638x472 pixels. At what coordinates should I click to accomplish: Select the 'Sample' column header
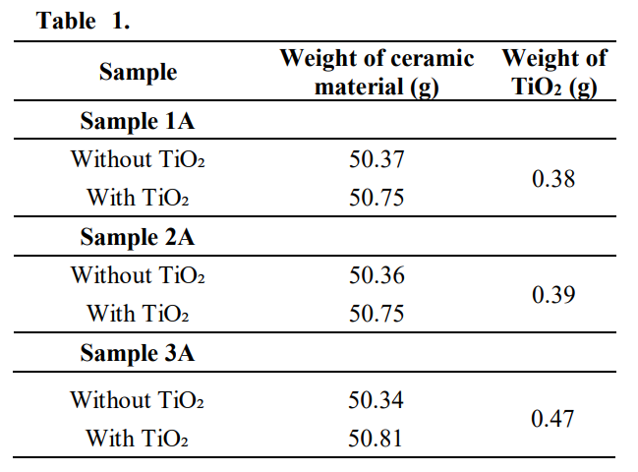pyautogui.click(x=138, y=72)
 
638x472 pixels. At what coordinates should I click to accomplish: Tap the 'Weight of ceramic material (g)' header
pyautogui.click(x=377, y=72)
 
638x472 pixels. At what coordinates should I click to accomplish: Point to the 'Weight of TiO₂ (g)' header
pyautogui.click(x=554, y=72)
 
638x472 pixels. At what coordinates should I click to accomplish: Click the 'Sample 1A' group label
pyautogui.click(x=138, y=122)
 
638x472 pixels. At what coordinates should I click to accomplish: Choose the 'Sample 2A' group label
pyautogui.click(x=138, y=237)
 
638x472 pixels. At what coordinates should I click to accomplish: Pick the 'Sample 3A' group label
pyautogui.click(x=138, y=353)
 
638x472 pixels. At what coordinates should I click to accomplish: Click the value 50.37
pyautogui.click(x=377, y=159)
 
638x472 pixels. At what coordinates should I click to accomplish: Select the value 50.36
pyautogui.click(x=377, y=275)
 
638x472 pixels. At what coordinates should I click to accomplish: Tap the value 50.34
pyautogui.click(x=377, y=400)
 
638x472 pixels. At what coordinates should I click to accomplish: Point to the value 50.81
pyautogui.click(x=377, y=438)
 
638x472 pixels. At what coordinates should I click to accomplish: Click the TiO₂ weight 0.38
pyautogui.click(x=553, y=179)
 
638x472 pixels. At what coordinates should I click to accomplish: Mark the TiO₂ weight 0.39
pyautogui.click(x=553, y=295)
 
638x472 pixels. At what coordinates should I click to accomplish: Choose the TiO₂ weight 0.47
pyautogui.click(x=553, y=419)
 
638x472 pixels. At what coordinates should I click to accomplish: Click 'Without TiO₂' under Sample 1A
pyautogui.click(x=138, y=159)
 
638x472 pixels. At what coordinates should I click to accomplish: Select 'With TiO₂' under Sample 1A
pyautogui.click(x=138, y=198)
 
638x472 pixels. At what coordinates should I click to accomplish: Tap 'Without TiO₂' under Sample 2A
pyautogui.click(x=138, y=275)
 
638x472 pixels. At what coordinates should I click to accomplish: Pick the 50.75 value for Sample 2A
pyautogui.click(x=377, y=314)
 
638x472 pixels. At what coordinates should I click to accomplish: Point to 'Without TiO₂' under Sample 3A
pyautogui.click(x=138, y=400)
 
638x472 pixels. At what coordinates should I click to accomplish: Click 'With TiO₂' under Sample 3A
pyautogui.click(x=138, y=438)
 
